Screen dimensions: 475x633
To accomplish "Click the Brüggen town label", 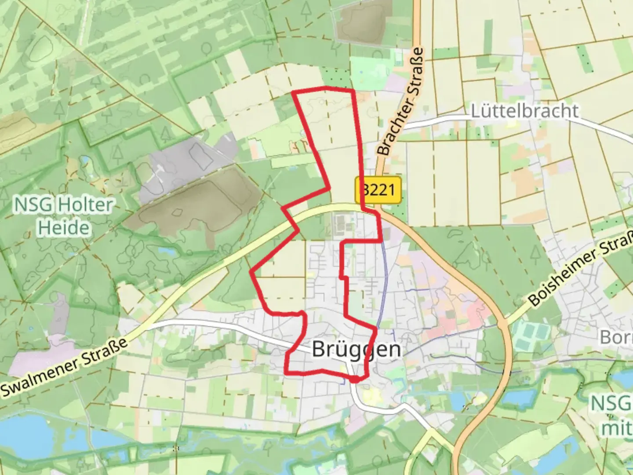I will [x=357, y=350].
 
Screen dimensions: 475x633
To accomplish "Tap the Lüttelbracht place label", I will [x=524, y=111].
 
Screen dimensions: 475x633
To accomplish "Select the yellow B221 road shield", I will [x=378, y=190].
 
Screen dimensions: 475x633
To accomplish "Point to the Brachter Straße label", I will [x=402, y=101].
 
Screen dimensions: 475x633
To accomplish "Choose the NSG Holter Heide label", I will [x=63, y=216].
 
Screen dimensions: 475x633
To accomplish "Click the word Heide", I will [x=64, y=228].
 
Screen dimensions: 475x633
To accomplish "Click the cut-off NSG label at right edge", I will [x=611, y=403].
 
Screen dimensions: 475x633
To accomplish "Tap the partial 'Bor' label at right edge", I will [x=616, y=337].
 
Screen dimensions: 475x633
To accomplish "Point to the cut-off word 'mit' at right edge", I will [x=616, y=427].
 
